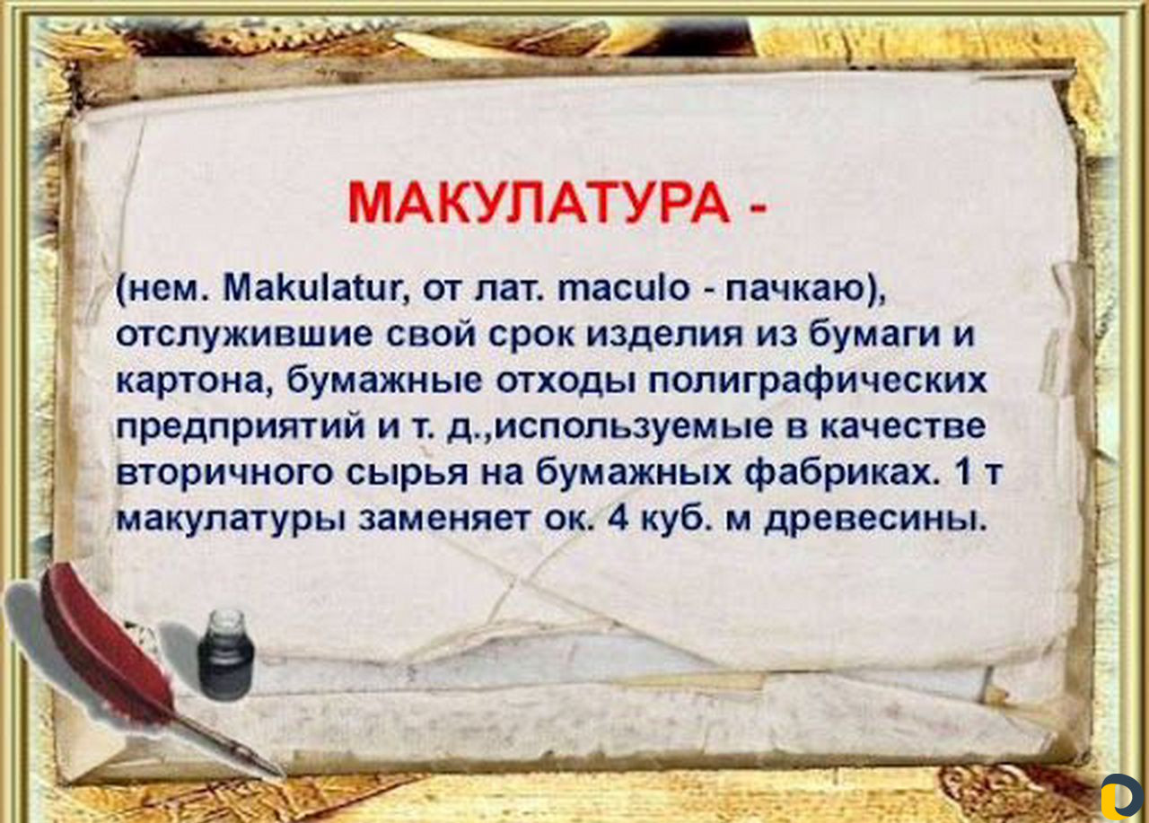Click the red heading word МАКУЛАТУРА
click(x=538, y=203)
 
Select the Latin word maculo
click(x=623, y=289)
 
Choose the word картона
click(x=195, y=382)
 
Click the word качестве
click(x=902, y=427)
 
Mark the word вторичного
click(x=224, y=473)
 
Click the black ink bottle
click(x=224, y=655)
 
